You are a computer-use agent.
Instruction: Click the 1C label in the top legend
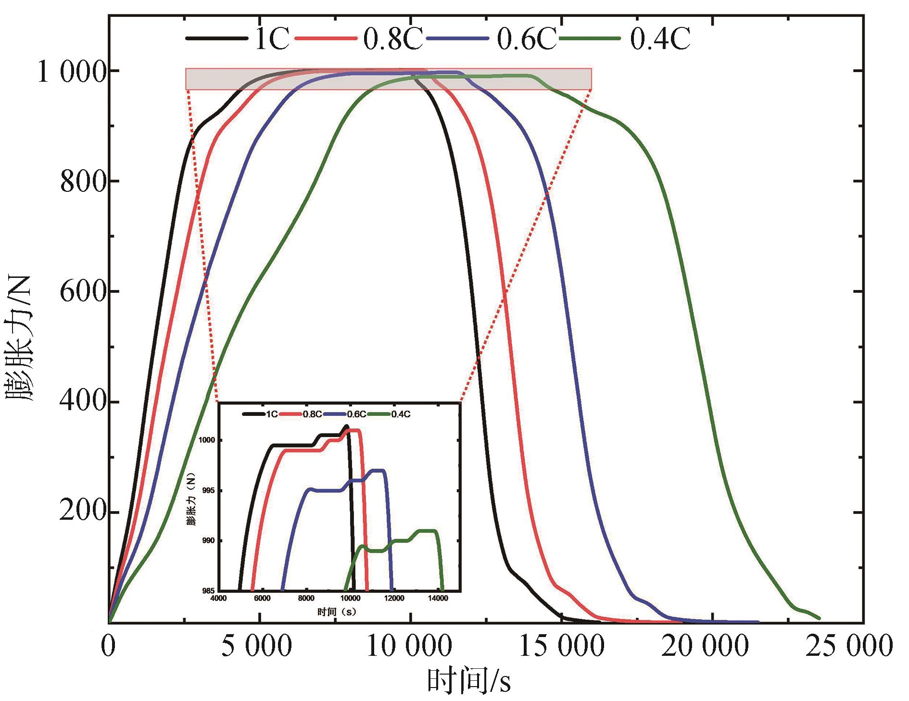(x=271, y=39)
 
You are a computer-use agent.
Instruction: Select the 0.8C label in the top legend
(x=392, y=39)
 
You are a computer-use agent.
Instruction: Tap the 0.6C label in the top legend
(x=526, y=39)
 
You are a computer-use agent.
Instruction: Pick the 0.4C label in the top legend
(x=660, y=39)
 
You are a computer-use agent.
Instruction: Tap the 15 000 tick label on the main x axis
(x=561, y=647)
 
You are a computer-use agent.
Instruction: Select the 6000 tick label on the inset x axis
(x=262, y=598)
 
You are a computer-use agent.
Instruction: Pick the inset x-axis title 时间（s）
(x=336, y=612)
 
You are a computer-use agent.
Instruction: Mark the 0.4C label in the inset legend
(x=401, y=414)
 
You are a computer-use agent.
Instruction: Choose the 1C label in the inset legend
(x=271, y=414)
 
